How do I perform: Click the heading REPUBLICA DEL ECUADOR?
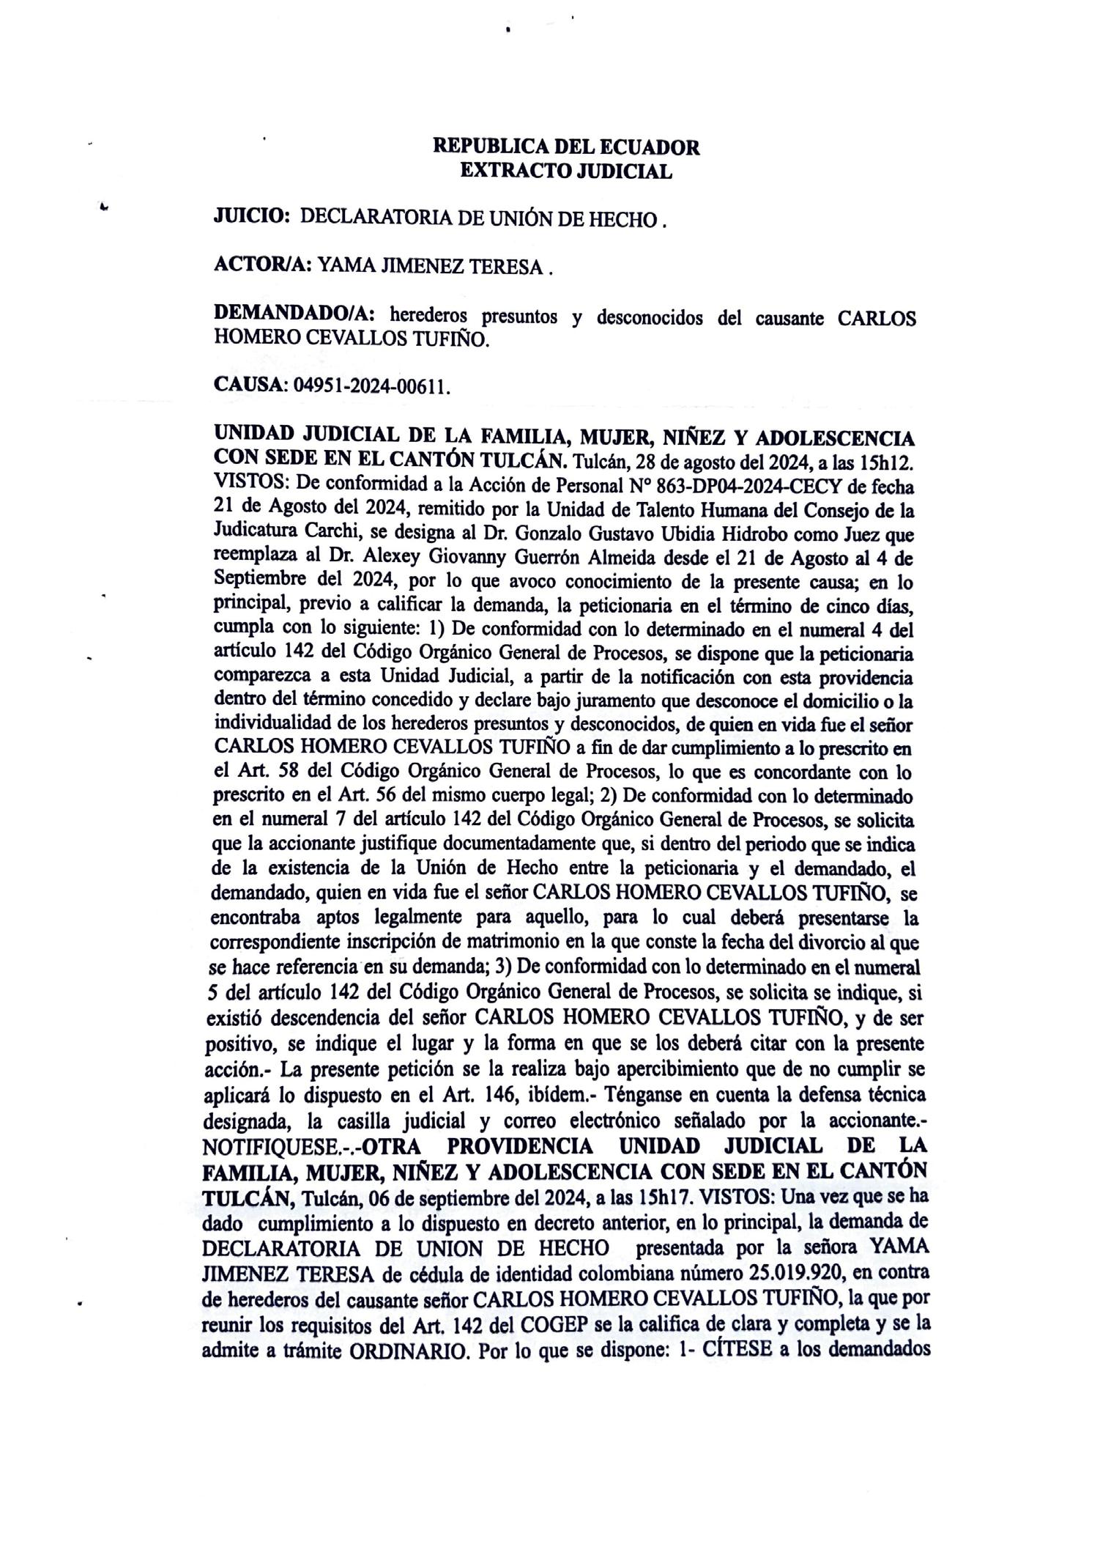[x=566, y=147]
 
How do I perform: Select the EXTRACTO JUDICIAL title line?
[x=566, y=171]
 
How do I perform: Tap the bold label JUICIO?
[x=253, y=216]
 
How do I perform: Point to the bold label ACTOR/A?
[x=262, y=267]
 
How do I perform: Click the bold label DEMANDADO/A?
[x=294, y=317]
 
